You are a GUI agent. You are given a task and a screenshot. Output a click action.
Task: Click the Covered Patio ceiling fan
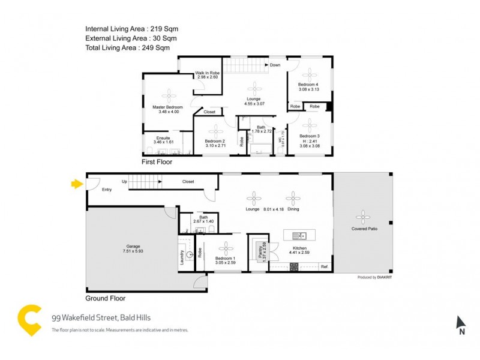click(x=362, y=217)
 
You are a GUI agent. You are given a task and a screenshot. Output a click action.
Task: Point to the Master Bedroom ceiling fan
click(x=168, y=95)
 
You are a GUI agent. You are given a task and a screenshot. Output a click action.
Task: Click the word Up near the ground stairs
click(x=124, y=181)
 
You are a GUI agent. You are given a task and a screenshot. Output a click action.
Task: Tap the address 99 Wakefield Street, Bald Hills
click(x=103, y=318)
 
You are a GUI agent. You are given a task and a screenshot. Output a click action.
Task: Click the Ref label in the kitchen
click(x=324, y=266)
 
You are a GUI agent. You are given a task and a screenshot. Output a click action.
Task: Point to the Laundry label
click(x=182, y=257)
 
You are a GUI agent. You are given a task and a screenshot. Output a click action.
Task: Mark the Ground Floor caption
click(x=106, y=298)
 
